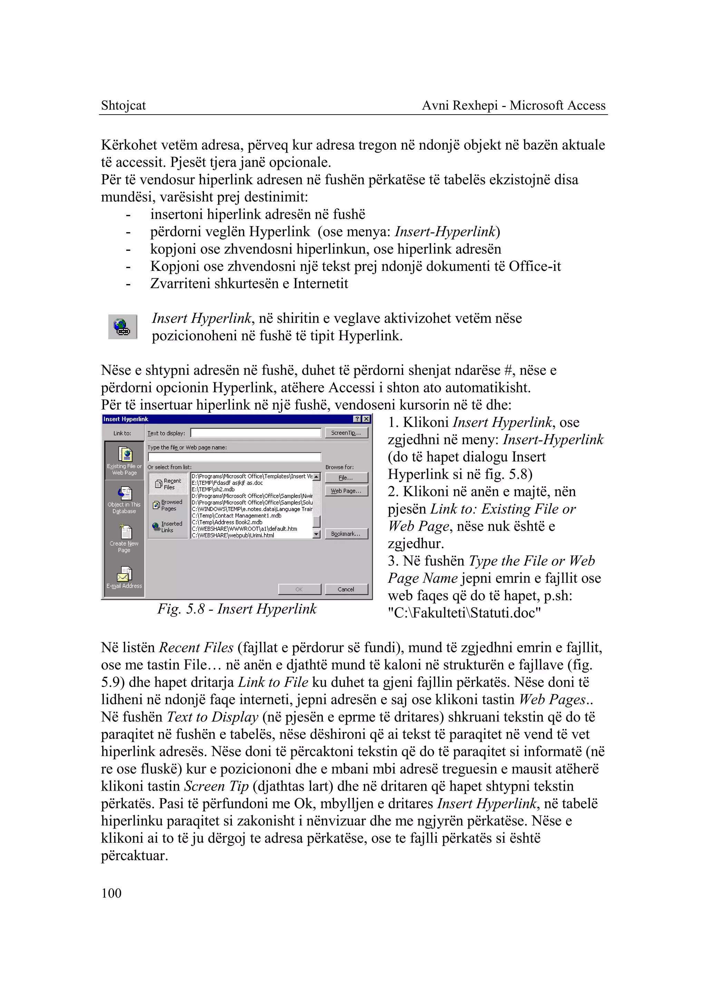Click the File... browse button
(346, 478)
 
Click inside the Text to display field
(255, 433)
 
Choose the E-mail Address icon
(124, 577)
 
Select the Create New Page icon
(124, 537)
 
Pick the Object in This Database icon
(124, 499)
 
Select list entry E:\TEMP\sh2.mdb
(213, 489)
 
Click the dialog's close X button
(367, 419)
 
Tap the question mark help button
(357, 419)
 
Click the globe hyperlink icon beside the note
(122, 326)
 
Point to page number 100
(112, 893)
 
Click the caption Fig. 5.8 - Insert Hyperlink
(237, 608)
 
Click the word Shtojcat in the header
(123, 105)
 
